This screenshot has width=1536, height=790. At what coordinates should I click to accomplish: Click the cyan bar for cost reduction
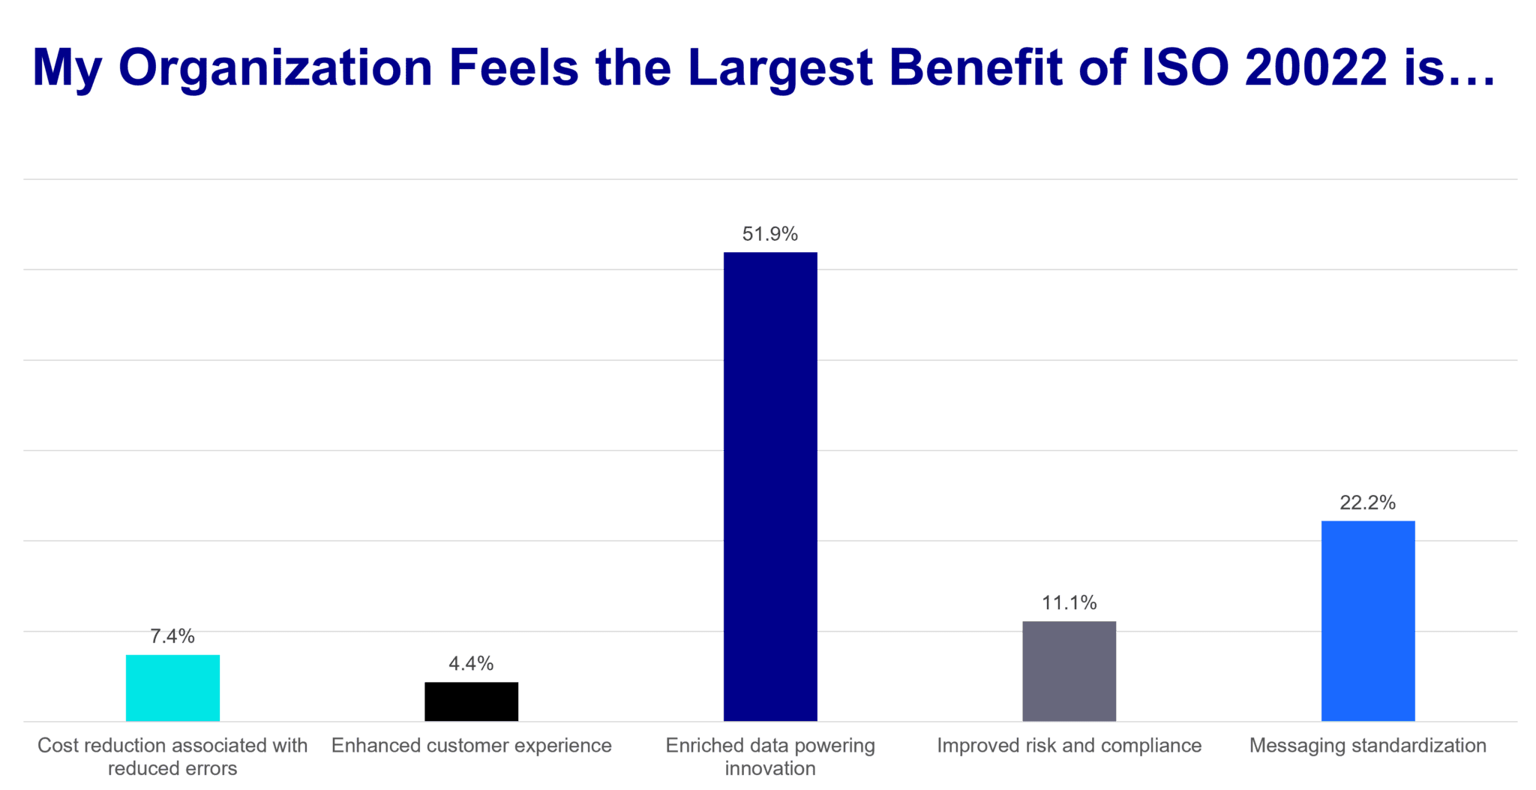click(x=172, y=687)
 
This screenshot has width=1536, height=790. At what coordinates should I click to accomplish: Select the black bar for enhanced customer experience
click(x=471, y=701)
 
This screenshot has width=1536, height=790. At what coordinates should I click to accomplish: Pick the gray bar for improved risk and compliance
click(x=1069, y=671)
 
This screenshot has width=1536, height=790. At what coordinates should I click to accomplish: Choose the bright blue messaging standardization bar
click(x=1368, y=620)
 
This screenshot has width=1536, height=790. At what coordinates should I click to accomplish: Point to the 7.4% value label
click(x=172, y=637)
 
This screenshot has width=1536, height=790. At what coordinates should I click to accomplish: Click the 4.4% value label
click(x=470, y=664)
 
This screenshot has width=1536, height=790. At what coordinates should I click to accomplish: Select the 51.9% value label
click(x=770, y=234)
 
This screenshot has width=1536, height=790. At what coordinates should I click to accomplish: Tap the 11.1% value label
click(x=1069, y=602)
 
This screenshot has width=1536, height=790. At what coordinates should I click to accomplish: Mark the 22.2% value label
click(x=1368, y=503)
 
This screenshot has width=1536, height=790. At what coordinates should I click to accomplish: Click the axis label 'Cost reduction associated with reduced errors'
click(x=172, y=756)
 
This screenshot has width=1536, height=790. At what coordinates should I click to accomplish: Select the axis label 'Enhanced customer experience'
click(x=472, y=746)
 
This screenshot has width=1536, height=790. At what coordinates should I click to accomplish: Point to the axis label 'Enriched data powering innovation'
click(x=770, y=756)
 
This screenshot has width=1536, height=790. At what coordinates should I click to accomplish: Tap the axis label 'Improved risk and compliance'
click(x=1069, y=746)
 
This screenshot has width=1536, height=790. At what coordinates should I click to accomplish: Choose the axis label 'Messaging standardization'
click(x=1368, y=746)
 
